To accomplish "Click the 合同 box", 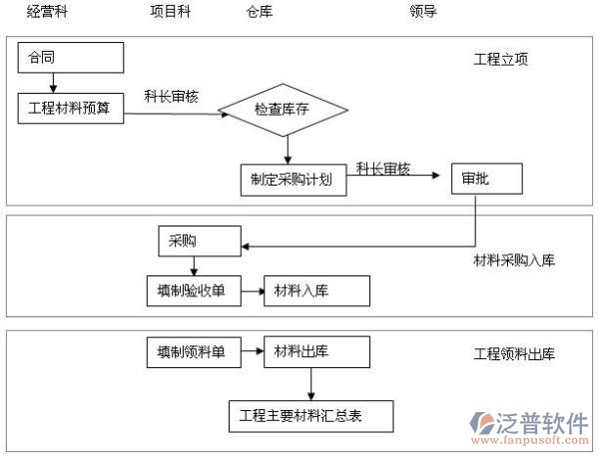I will (x=70, y=58).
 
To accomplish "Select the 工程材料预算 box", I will (x=70, y=107).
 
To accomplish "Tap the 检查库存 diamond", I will (x=287, y=107).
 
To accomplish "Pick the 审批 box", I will (x=485, y=180).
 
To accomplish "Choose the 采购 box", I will (x=198, y=240).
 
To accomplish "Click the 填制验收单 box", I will (x=191, y=291).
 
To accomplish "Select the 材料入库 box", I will (x=315, y=291).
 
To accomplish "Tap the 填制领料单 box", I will (x=191, y=351).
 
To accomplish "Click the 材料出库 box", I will (x=315, y=351).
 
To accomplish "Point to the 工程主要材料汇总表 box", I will (x=308, y=415).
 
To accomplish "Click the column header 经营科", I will (x=49, y=12).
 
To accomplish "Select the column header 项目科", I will (x=170, y=12).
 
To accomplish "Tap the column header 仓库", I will (x=259, y=12).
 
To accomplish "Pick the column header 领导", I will (x=423, y=12).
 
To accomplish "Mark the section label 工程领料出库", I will (x=513, y=354).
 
